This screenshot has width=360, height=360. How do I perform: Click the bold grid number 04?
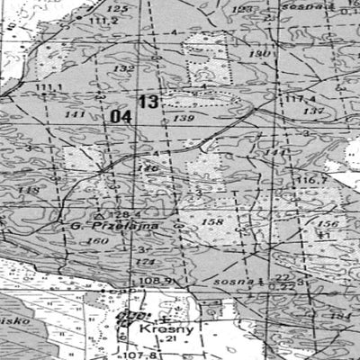pos(121,116)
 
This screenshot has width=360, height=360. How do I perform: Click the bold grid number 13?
pos(148,102)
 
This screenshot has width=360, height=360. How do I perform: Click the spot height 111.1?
pos(49,87)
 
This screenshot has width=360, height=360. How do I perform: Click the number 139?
pos(184,118)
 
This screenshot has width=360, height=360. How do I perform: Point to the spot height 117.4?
pos(301,98)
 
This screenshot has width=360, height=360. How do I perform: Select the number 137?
pos(313,111)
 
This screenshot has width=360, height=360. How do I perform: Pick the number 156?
pos(328,223)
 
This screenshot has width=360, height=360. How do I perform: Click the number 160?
pos(94,241)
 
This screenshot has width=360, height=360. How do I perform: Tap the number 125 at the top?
pos(118,8)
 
